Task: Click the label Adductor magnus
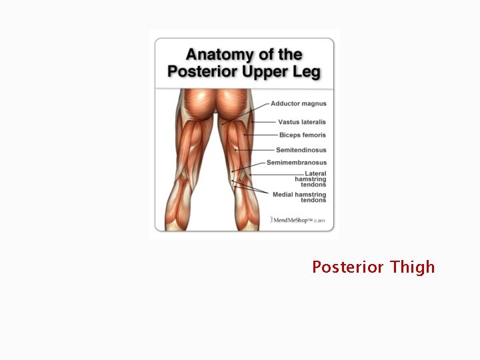click(x=299, y=104)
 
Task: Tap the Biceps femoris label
click(x=303, y=135)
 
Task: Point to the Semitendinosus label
click(x=301, y=150)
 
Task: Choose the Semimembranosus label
click(x=297, y=163)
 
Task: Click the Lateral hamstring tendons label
click(x=311, y=179)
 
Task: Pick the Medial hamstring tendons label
click(x=299, y=197)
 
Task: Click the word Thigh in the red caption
click(x=412, y=267)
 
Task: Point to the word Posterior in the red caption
click(x=348, y=267)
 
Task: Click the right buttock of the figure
click(x=234, y=105)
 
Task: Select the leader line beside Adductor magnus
click(x=257, y=107)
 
